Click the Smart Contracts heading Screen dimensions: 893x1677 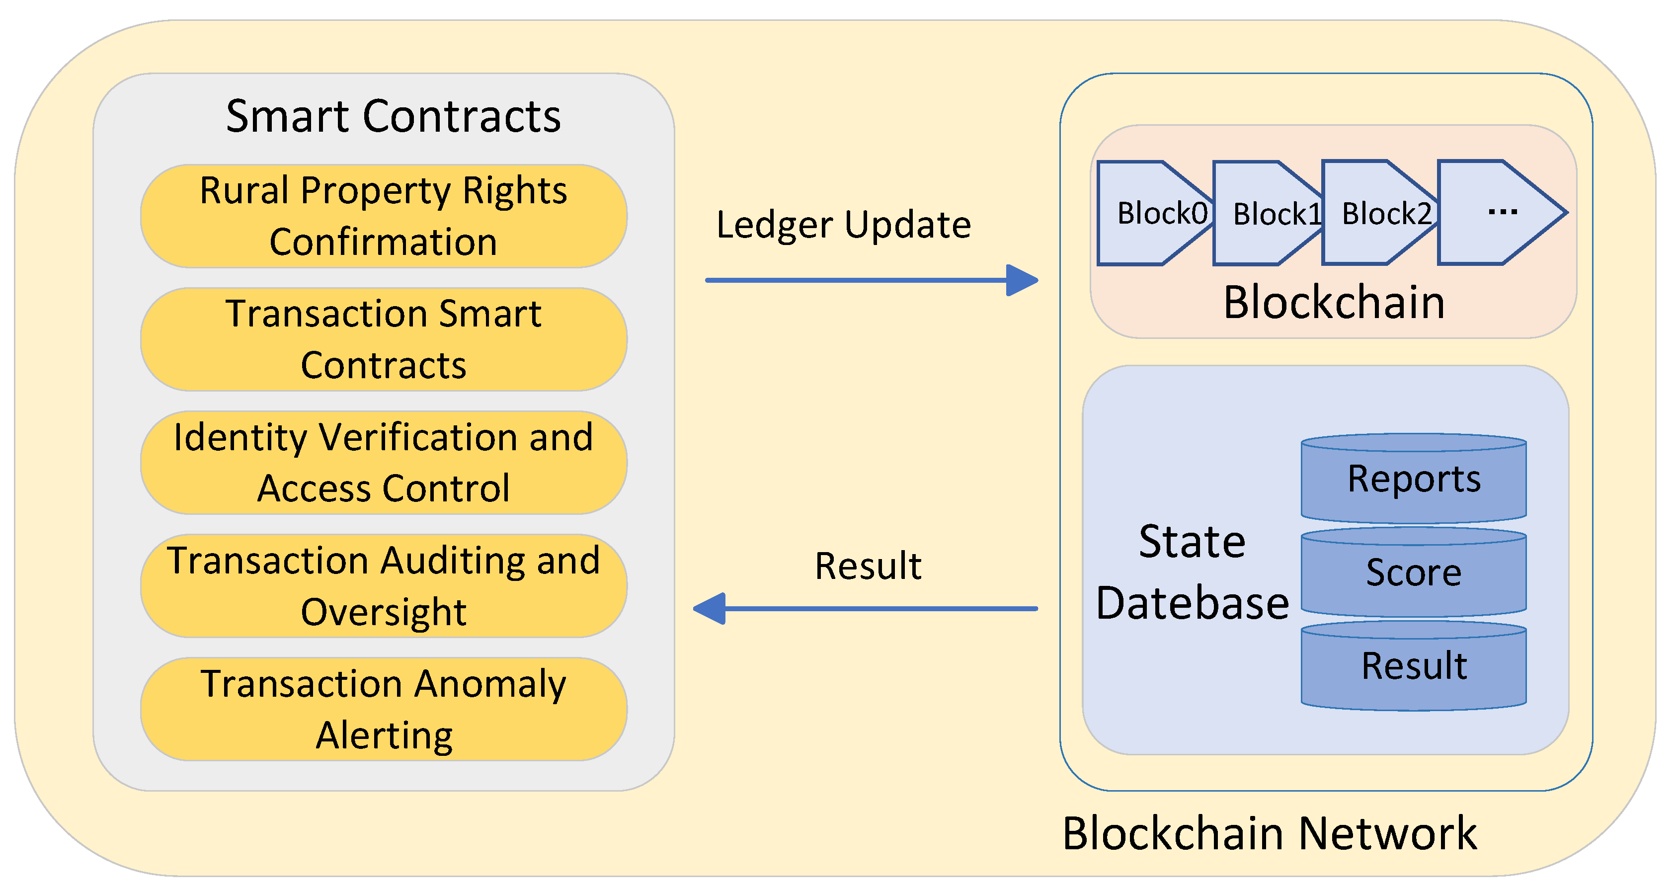(393, 116)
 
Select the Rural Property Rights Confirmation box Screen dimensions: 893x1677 (384, 216)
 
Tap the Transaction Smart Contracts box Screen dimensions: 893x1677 (384, 339)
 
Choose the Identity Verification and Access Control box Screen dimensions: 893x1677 (384, 462)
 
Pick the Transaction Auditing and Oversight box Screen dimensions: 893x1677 (384, 586)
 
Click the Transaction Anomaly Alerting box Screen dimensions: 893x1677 (384, 709)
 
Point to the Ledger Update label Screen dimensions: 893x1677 (843, 225)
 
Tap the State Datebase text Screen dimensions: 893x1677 (1192, 571)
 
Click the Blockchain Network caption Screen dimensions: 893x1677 (1270, 833)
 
